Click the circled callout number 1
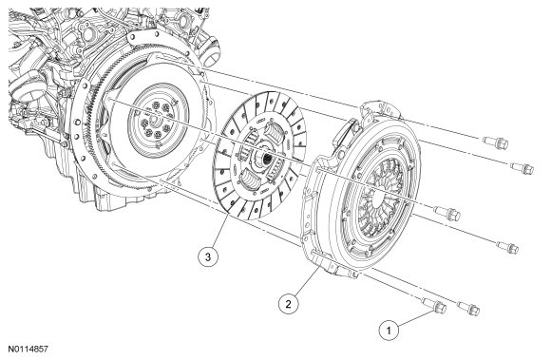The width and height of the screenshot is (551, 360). tap(389, 331)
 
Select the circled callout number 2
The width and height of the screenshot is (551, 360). tap(289, 304)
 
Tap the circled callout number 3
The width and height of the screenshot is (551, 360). tap(208, 256)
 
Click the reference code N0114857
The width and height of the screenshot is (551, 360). tap(28, 350)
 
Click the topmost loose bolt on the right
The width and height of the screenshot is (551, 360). tap(496, 142)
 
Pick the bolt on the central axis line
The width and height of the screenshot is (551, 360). tap(447, 213)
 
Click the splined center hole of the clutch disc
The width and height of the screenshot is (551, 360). tap(266, 157)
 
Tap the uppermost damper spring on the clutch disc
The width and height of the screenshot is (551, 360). tap(275, 131)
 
